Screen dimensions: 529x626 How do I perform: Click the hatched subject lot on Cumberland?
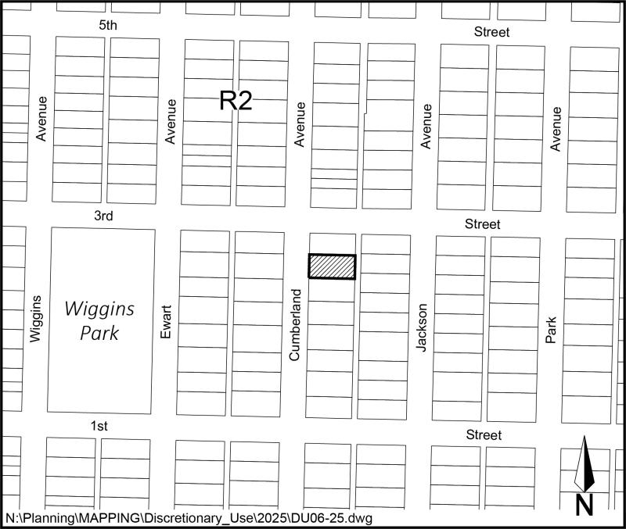click(333, 266)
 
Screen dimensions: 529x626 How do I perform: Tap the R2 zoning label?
click(236, 101)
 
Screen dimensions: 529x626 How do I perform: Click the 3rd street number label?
click(103, 216)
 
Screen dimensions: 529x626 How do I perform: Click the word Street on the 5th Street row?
click(492, 32)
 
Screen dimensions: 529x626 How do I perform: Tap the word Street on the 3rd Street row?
click(482, 224)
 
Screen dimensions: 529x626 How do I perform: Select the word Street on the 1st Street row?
click(483, 434)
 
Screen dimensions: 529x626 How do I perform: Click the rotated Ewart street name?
click(165, 320)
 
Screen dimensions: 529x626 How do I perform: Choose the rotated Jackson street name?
click(423, 328)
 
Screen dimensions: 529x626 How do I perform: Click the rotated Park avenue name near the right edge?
click(552, 331)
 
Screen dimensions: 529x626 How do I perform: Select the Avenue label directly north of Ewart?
click(171, 120)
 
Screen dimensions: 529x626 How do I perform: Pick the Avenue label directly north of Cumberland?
click(299, 123)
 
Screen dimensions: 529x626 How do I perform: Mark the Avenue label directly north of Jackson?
click(426, 125)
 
